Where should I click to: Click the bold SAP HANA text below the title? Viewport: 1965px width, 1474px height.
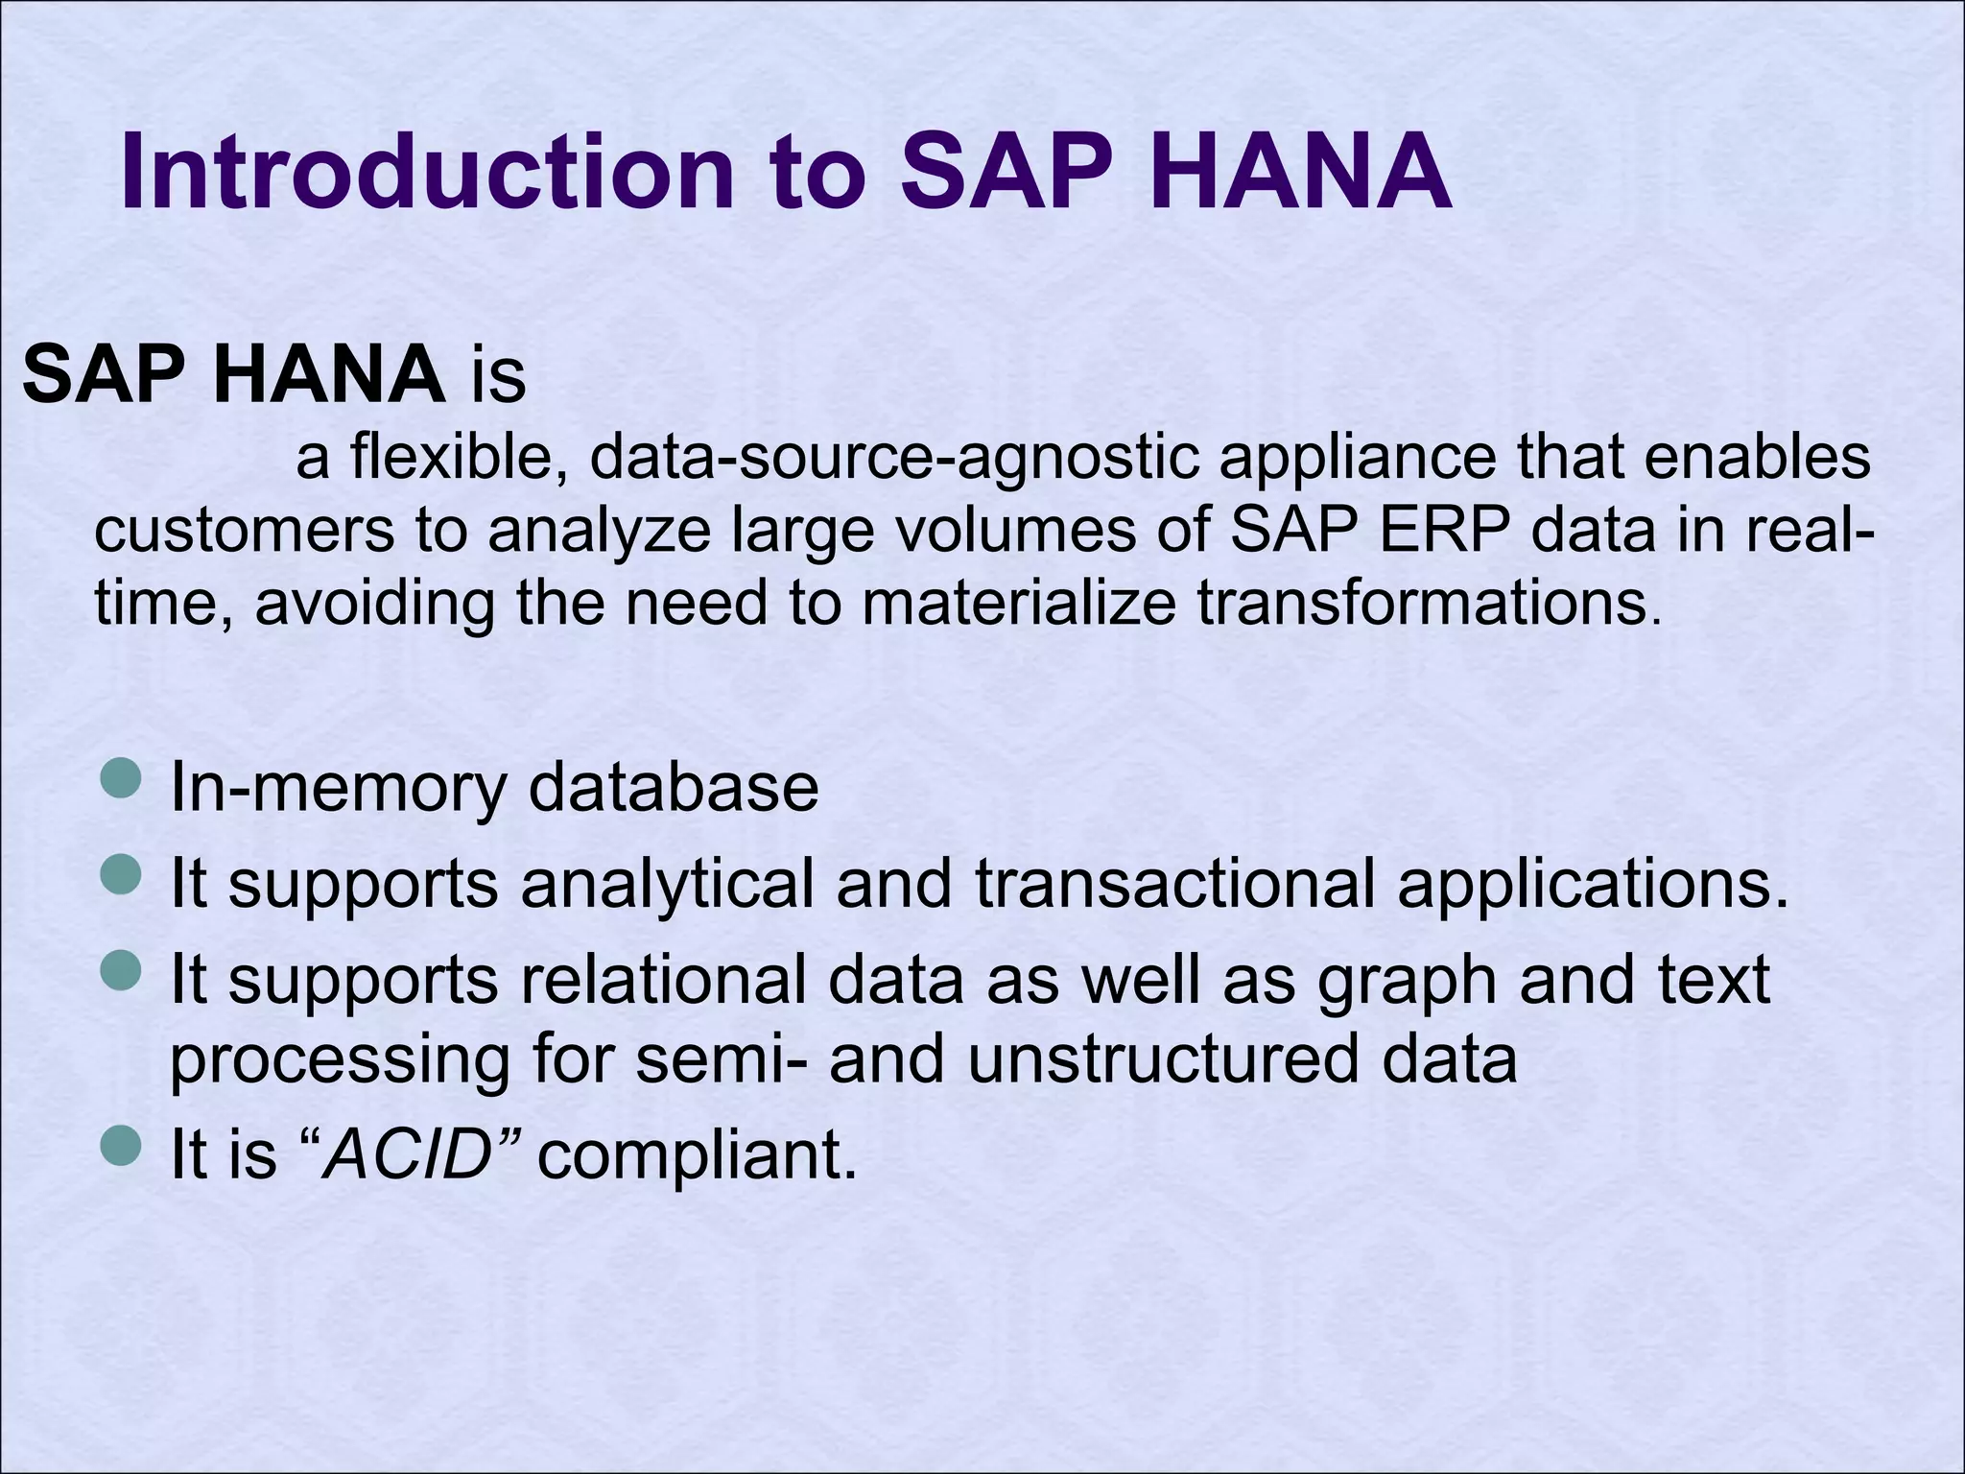[x=233, y=374]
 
